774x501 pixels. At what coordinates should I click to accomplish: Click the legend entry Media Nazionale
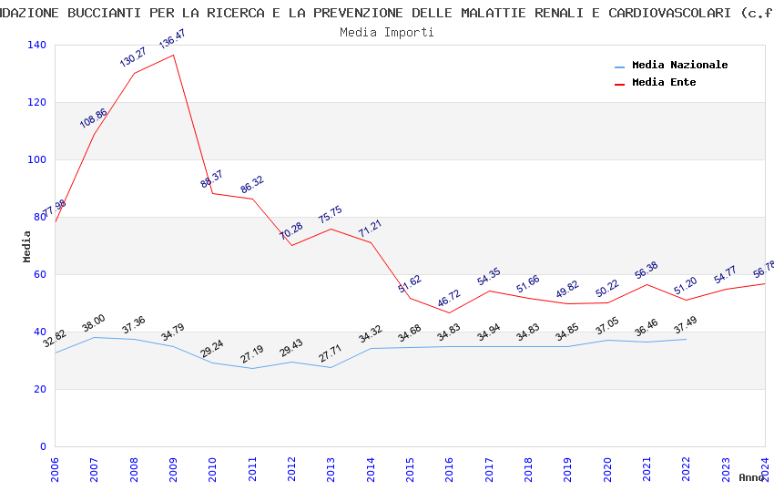coord(679,66)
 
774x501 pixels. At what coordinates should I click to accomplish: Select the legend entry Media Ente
coord(664,83)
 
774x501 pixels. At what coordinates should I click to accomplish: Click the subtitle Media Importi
coord(387,33)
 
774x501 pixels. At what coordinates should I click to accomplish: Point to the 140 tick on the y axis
coord(37,46)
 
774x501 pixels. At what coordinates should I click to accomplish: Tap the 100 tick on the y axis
coord(37,160)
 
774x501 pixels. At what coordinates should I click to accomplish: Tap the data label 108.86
coord(93,118)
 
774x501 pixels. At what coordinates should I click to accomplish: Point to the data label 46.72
coord(448,300)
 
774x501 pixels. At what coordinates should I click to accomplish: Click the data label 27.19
coord(252,354)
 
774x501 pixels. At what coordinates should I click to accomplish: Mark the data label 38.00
coord(94,323)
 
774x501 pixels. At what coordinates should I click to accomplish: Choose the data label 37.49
coord(685,325)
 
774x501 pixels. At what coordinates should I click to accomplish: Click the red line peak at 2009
coord(173,55)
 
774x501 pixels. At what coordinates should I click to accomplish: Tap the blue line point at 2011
coord(252,369)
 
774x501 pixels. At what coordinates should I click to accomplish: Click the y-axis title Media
coord(27,246)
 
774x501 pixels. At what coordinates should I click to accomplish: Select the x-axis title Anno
coord(751,477)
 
